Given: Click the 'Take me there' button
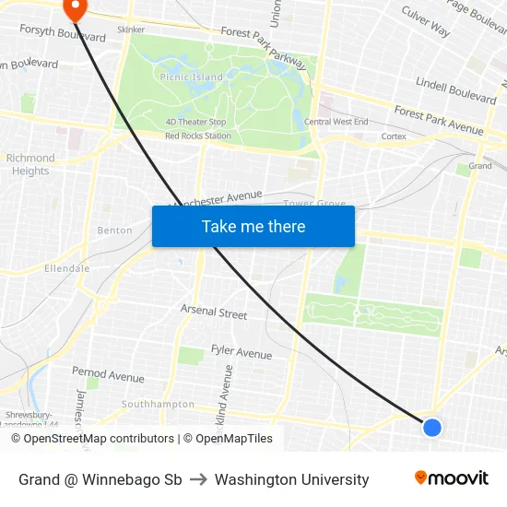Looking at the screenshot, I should [253, 226].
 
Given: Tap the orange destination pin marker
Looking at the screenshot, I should [73, 9].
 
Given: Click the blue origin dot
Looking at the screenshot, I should [431, 427].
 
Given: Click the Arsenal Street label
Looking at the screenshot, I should [214, 312].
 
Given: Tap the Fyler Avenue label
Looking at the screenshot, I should [242, 351].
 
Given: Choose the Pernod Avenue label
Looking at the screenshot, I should [108, 375].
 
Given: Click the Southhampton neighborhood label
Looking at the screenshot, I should [158, 404].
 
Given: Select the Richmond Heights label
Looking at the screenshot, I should [30, 164].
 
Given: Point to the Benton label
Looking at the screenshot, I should [114, 230].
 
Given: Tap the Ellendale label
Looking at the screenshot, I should [66, 268].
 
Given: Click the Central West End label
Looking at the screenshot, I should [336, 122].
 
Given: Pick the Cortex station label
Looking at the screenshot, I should [394, 136].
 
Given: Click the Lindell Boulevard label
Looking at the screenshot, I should [455, 88].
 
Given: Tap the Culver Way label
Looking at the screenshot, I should [426, 22].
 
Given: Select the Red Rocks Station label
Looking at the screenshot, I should [197, 136].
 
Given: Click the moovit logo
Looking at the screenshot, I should [451, 478].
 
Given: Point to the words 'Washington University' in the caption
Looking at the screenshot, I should [291, 479].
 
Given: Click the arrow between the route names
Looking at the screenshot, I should [198, 479].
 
